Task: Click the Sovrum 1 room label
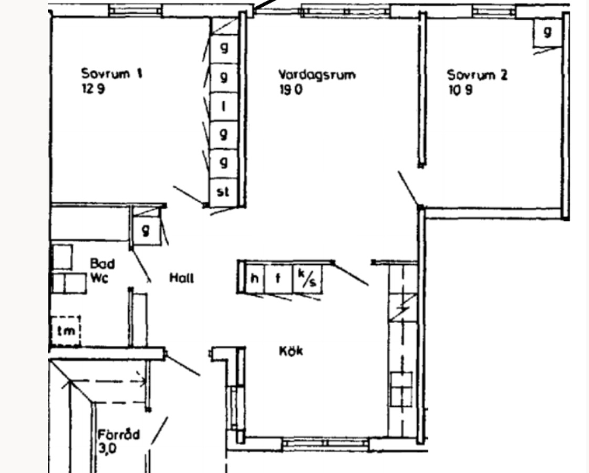tap(111, 73)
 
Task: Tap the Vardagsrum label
tap(317, 75)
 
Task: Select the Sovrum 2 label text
tap(477, 75)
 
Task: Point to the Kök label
tap(291, 351)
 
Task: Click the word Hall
tap(181, 278)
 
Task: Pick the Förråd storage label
tap(119, 435)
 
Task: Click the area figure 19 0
tap(291, 90)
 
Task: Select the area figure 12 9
tap(93, 89)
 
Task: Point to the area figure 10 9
tap(460, 90)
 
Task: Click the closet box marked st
tap(223, 192)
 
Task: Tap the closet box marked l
tap(223, 107)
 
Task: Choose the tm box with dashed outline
tap(66, 331)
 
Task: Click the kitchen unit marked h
tap(255, 279)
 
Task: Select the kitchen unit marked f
tap(278, 279)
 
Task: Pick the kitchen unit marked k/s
tap(307, 279)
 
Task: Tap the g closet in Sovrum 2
tap(547, 32)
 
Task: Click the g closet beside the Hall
tap(146, 230)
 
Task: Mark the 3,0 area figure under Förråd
tap(108, 449)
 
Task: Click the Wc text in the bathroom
tap(99, 279)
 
